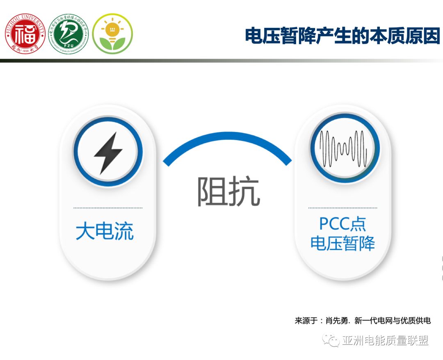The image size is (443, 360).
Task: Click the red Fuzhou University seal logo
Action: pyautogui.click(x=25, y=34)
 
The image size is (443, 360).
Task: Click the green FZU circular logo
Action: pyautogui.click(x=69, y=34)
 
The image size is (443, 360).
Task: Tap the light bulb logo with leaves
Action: pyautogui.click(x=112, y=34)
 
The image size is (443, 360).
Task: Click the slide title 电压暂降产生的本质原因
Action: pyautogui.click(x=342, y=36)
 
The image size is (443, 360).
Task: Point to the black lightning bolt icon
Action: pyautogui.click(x=108, y=153)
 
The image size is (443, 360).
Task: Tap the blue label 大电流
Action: pyautogui.click(x=105, y=232)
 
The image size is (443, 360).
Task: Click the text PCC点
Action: pyautogui.click(x=343, y=224)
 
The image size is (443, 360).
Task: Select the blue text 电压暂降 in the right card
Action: pyautogui.click(x=343, y=243)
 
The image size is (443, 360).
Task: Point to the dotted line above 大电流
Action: pyautogui.click(x=108, y=208)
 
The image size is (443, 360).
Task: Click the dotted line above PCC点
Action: pyautogui.click(x=343, y=208)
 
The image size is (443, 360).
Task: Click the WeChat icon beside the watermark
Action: pyautogui.click(x=331, y=340)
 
